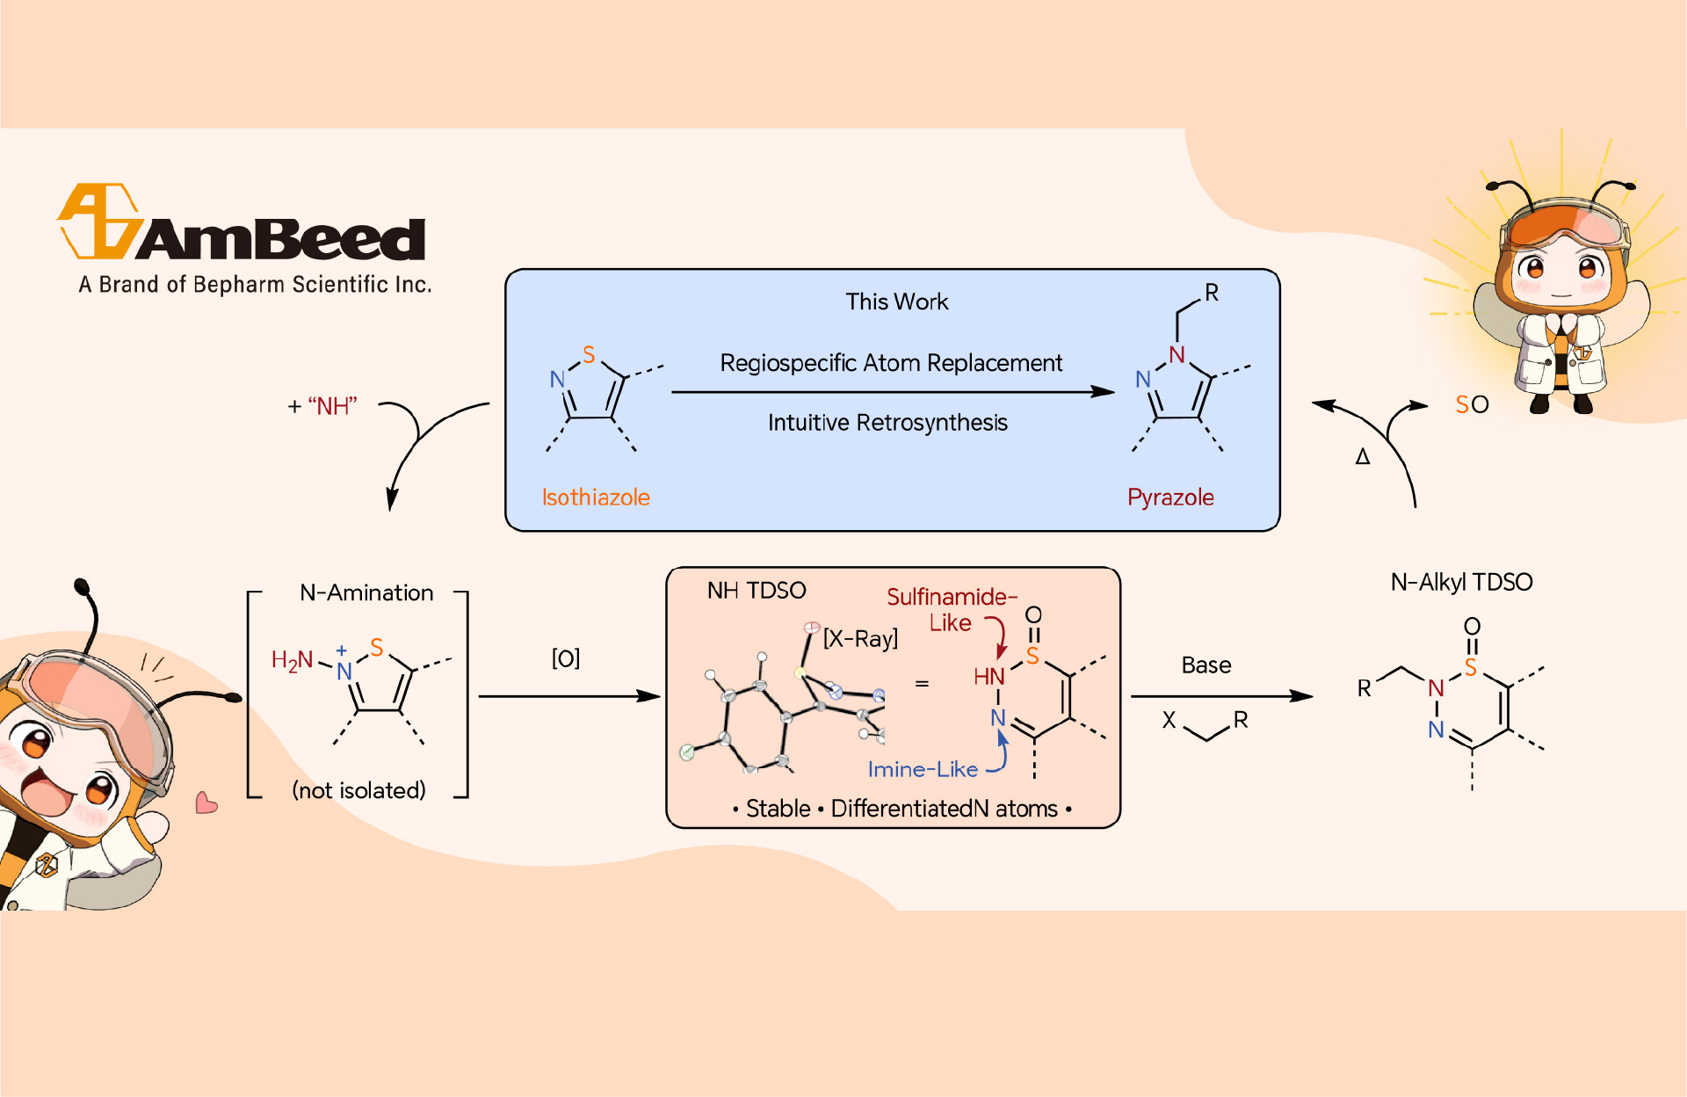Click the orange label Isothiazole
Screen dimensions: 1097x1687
pyautogui.click(x=596, y=498)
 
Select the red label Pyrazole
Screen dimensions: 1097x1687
pyautogui.click(x=1170, y=498)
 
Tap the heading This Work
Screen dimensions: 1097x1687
pyautogui.click(x=896, y=301)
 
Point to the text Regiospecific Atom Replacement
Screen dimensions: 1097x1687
pyautogui.click(x=891, y=363)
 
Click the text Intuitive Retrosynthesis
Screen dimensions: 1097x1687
pyautogui.click(x=887, y=423)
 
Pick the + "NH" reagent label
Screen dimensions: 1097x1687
pyautogui.click(x=322, y=406)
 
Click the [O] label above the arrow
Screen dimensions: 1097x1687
pyautogui.click(x=565, y=658)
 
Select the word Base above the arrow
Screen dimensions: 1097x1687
pyautogui.click(x=1206, y=665)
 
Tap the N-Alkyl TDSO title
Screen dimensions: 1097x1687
pyautogui.click(x=1461, y=582)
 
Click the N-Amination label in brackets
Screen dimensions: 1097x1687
pyautogui.click(x=366, y=593)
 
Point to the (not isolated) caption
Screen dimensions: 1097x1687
pyautogui.click(x=358, y=790)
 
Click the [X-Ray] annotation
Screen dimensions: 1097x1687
pyautogui.click(x=860, y=638)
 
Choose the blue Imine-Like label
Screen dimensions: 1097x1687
pyautogui.click(x=923, y=769)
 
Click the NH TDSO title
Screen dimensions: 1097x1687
pyautogui.click(x=757, y=591)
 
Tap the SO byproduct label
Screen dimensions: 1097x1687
pyautogui.click(x=1472, y=404)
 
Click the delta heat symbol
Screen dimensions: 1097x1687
pyautogui.click(x=1363, y=456)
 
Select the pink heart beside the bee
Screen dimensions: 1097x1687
pyautogui.click(x=206, y=803)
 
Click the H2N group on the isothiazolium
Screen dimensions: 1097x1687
pyautogui.click(x=292, y=660)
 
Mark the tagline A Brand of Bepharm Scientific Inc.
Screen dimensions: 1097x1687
pyautogui.click(x=255, y=285)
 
